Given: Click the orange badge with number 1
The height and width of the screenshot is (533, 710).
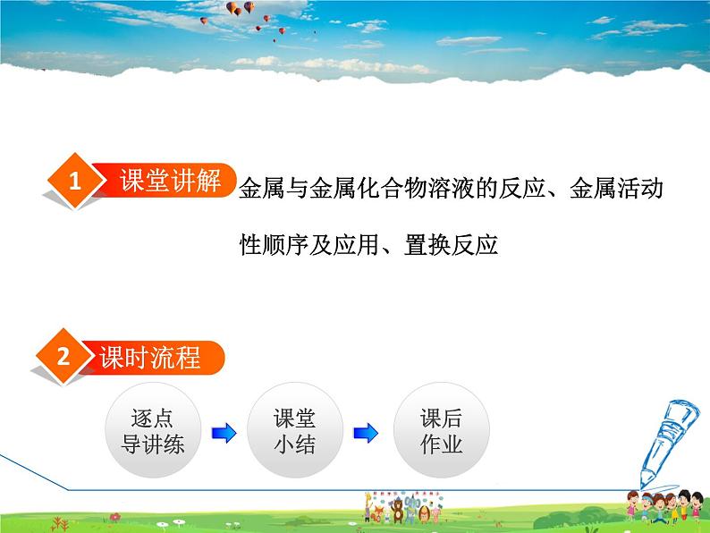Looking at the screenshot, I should [75, 182].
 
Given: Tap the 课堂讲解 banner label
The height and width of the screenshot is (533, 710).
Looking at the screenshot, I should [170, 181].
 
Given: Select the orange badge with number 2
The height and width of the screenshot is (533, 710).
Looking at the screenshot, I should [63, 359].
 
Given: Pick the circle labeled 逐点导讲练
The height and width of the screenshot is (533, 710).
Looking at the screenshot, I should [152, 431].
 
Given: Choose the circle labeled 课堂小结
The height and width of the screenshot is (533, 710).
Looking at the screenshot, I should [293, 431].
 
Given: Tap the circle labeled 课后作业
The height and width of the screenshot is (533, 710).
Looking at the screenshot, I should [441, 431].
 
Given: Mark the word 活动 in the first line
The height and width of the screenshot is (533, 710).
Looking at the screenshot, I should [642, 189].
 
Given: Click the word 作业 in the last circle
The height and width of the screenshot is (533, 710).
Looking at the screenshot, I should [441, 444].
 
